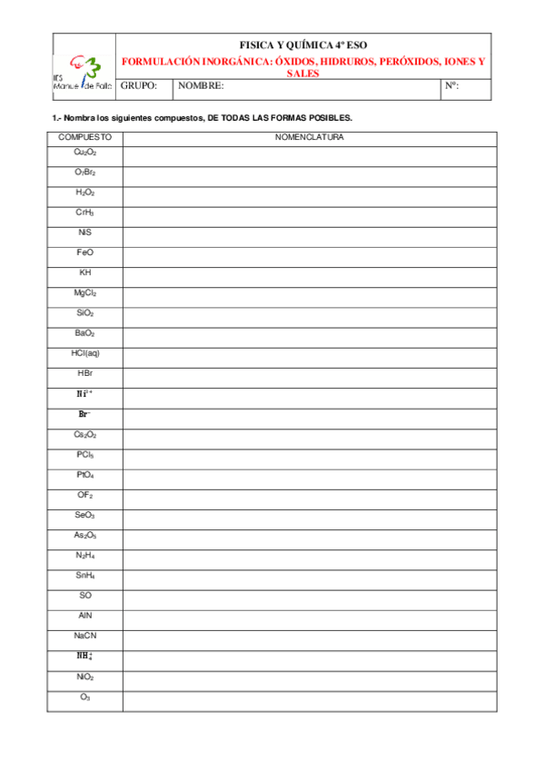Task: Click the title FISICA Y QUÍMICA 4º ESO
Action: pyautogui.click(x=302, y=44)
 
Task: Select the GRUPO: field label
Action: pyautogui.click(x=139, y=86)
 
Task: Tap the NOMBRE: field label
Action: pyautogui.click(x=201, y=86)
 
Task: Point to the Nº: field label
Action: pyautogui.click(x=452, y=86)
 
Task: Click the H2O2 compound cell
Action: pyautogui.click(x=85, y=192)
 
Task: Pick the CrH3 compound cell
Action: pyautogui.click(x=85, y=212)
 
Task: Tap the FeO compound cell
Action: pyautogui.click(x=85, y=252)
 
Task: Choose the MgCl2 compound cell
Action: pyautogui.click(x=85, y=293)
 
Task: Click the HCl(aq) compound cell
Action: pyautogui.click(x=85, y=353)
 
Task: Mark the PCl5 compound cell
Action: pyautogui.click(x=85, y=454)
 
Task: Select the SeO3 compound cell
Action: pyautogui.click(x=85, y=515)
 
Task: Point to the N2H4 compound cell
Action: pyautogui.click(x=85, y=555)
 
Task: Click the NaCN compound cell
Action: pyautogui.click(x=85, y=636)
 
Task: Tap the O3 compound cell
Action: pyautogui.click(x=85, y=697)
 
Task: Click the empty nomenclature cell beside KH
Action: pyautogui.click(x=309, y=273)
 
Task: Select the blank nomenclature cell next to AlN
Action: pyautogui.click(x=309, y=616)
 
